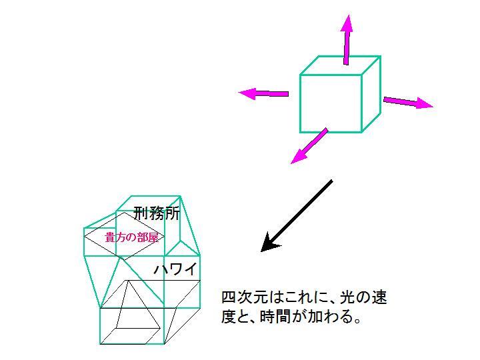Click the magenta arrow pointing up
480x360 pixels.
[347, 39]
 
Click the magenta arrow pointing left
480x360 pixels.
[263, 93]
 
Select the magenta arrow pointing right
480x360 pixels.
[408, 103]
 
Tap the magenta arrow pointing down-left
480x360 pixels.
[309, 146]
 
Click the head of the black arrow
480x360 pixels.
[269, 243]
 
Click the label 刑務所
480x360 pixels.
[157, 213]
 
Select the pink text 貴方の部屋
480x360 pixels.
[132, 237]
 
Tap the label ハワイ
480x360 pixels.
[175, 269]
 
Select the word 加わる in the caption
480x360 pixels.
[330, 317]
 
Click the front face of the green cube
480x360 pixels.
[331, 103]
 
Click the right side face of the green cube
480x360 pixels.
[371, 94]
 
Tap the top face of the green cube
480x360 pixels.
[341, 65]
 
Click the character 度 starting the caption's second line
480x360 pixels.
[229, 317]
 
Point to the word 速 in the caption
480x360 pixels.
[379, 297]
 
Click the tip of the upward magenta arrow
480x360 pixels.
[348, 15]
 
